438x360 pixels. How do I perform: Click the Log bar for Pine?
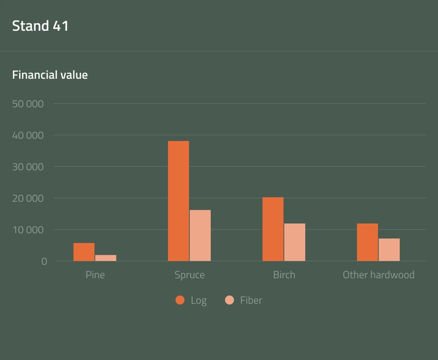click(84, 252)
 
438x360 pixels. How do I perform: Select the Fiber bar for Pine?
click(106, 258)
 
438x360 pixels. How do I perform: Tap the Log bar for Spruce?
click(178, 201)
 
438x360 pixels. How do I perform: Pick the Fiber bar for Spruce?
click(200, 235)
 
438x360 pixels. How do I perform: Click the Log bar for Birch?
click(273, 229)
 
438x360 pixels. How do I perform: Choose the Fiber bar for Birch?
click(295, 242)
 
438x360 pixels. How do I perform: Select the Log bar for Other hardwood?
click(367, 242)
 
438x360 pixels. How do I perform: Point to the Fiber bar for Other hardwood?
click(389, 250)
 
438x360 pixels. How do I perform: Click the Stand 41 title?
click(40, 26)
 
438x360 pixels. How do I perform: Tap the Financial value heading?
click(50, 75)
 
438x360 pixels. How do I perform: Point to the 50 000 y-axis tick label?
click(28, 103)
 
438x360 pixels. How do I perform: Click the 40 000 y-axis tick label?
click(28, 135)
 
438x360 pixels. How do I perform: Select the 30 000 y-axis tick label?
click(28, 166)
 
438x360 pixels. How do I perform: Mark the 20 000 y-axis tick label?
click(28, 198)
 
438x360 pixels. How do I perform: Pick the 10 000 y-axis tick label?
click(28, 229)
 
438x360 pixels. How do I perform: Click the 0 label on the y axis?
click(44, 261)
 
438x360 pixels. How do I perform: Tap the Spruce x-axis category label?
click(190, 275)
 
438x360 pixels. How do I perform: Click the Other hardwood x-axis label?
click(378, 275)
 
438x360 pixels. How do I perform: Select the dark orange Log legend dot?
click(180, 300)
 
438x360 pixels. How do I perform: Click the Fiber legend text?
click(251, 300)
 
